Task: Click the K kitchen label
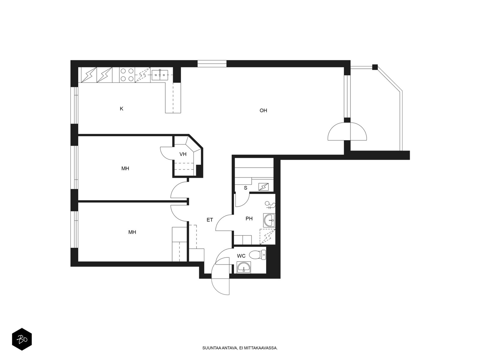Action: click(121, 109)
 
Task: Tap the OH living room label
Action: click(263, 111)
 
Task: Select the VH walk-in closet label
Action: click(183, 154)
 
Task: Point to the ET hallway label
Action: click(210, 220)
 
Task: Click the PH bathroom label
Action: click(249, 219)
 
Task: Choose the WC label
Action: click(241, 256)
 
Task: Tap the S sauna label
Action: click(246, 188)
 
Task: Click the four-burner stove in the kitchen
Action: click(127, 75)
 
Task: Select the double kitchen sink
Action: click(160, 75)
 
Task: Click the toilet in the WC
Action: click(257, 255)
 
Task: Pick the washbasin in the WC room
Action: click(244, 267)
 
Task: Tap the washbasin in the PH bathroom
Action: click(269, 220)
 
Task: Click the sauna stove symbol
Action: click(263, 187)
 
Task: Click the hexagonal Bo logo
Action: click(22, 339)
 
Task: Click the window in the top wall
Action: click(212, 64)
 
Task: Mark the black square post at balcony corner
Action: click(375, 67)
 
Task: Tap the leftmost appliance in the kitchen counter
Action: click(89, 75)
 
